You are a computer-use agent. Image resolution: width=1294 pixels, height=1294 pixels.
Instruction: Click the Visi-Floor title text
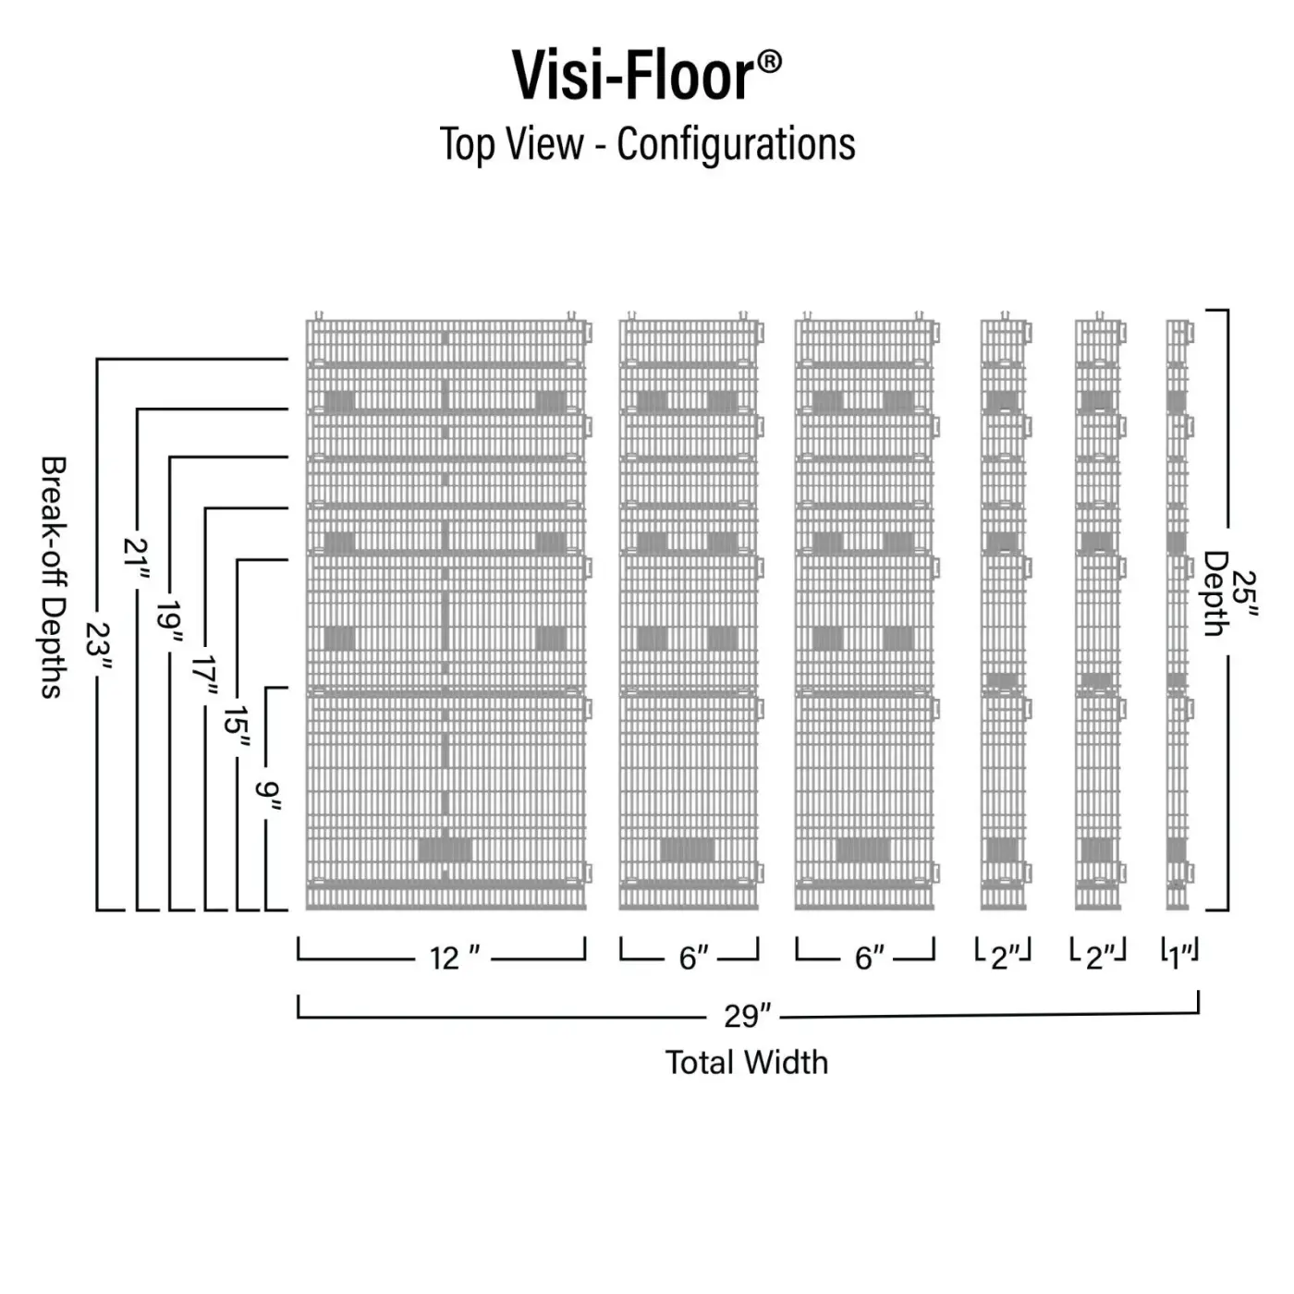click(633, 76)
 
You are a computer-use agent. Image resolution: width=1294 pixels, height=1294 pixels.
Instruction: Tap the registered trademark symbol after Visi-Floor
click(770, 63)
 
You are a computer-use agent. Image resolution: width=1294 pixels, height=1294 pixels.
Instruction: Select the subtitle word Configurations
click(736, 144)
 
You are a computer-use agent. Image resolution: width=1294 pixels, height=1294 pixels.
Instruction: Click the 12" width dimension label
click(454, 958)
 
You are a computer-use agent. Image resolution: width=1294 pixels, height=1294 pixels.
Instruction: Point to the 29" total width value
click(747, 1016)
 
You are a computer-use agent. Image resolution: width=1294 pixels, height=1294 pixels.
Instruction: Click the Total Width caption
click(747, 1062)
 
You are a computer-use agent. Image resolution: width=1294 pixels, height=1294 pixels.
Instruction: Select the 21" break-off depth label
click(137, 562)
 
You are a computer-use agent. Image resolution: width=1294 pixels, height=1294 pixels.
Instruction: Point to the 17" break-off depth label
click(204, 678)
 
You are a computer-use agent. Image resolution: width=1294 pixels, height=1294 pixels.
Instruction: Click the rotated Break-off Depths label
click(54, 576)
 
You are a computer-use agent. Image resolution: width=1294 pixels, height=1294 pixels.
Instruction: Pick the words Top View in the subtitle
click(511, 144)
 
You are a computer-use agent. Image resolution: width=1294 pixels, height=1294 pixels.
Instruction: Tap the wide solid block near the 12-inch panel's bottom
click(445, 849)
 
